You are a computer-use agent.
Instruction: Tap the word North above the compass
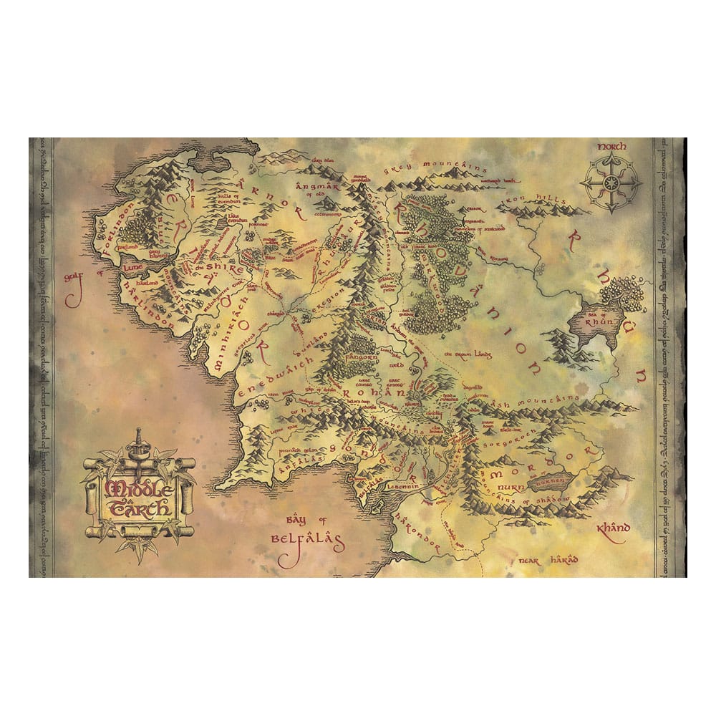click(612, 146)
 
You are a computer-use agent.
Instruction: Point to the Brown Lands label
click(465, 354)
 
